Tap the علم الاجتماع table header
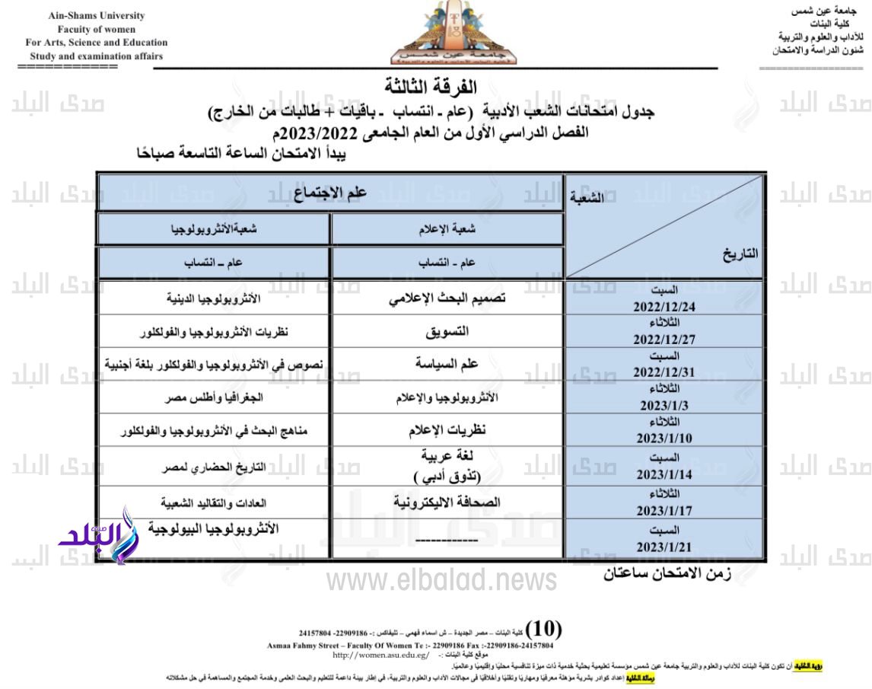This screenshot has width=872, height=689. (331, 192)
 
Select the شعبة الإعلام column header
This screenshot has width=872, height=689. (447, 229)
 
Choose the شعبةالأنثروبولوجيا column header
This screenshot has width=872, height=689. (214, 229)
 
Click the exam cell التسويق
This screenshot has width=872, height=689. (447, 332)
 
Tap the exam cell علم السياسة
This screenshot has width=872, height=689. (447, 365)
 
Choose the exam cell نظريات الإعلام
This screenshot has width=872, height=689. (447, 430)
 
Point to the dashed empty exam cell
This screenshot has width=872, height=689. (447, 540)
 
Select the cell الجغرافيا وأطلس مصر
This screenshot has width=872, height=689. (214, 398)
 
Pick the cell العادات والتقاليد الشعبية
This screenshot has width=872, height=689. (214, 503)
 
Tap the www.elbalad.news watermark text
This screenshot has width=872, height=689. (441, 581)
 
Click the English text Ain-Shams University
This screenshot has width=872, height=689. (97, 16)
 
